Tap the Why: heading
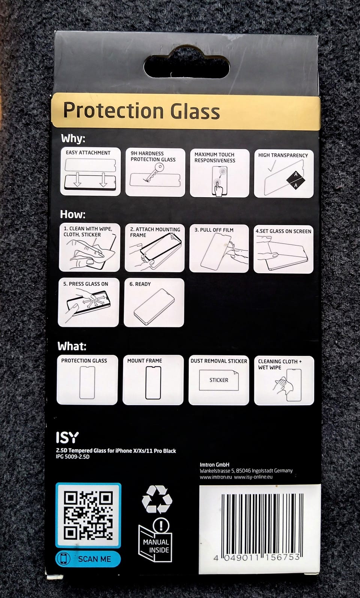[x=73, y=138]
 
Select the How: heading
[x=73, y=214]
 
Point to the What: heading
[x=72, y=346]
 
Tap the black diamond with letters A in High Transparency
[x=295, y=180]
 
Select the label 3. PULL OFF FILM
[x=214, y=230]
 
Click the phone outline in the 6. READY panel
[x=154, y=306]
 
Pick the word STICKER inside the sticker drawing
[x=219, y=380]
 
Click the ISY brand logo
[x=67, y=438]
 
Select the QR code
[x=88, y=515]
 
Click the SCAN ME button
[x=88, y=559]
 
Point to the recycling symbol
[x=157, y=499]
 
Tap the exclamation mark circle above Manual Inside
[x=161, y=525]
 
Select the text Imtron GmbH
[x=214, y=465]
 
